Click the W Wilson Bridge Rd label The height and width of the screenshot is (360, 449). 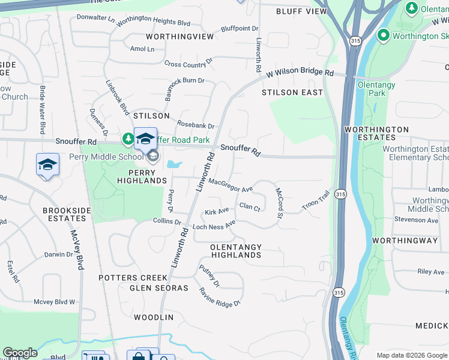pos(300,71)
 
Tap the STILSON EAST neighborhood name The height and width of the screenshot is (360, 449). pos(292,92)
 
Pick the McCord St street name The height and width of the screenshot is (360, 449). pos(279,203)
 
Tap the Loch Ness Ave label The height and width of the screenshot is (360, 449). pos(214,226)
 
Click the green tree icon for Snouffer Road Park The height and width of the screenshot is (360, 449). pos(128,139)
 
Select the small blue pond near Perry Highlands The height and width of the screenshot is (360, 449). pos(174,164)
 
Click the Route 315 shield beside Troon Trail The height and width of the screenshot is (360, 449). pos(340,194)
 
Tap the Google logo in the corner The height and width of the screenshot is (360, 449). pos(20,353)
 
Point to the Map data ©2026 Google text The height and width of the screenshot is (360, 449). pos(412,355)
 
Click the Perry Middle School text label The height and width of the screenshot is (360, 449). pos(106,157)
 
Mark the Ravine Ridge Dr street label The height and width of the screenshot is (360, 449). pos(220,296)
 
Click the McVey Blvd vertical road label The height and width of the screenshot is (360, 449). pos(76,250)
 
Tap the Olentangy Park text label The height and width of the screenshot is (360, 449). pos(376,89)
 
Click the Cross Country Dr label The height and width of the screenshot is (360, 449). pos(188,63)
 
